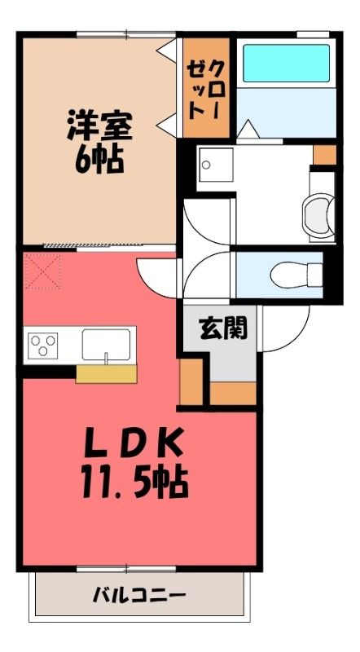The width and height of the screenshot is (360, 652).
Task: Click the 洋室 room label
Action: pos(99,126)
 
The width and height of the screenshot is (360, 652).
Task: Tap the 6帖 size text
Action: pos(99,160)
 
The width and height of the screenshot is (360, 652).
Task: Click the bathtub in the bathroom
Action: pos(286,64)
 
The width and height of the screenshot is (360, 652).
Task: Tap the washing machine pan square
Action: pos(216,165)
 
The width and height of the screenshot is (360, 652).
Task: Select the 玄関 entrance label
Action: pos(223,328)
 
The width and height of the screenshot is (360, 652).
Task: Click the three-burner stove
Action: pos(43,345)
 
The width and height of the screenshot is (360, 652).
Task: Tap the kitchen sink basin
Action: pos(107,345)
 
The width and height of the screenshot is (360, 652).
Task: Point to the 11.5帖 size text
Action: pos(135,482)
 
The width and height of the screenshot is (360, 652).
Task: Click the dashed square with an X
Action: pos(42,271)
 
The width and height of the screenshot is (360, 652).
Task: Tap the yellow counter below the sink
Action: pos(107,374)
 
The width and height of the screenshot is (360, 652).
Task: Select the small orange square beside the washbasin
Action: pos(325,155)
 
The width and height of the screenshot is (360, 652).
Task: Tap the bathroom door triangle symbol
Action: pos(248,130)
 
